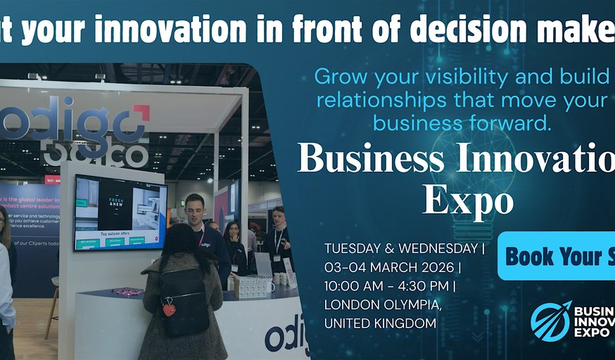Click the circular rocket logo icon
[x=550, y=321]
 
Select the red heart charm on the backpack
[x=170, y=309]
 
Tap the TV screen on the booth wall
[x=120, y=212]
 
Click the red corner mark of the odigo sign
[x=141, y=112]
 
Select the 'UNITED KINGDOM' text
[x=380, y=323]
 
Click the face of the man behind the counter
[x=194, y=209]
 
